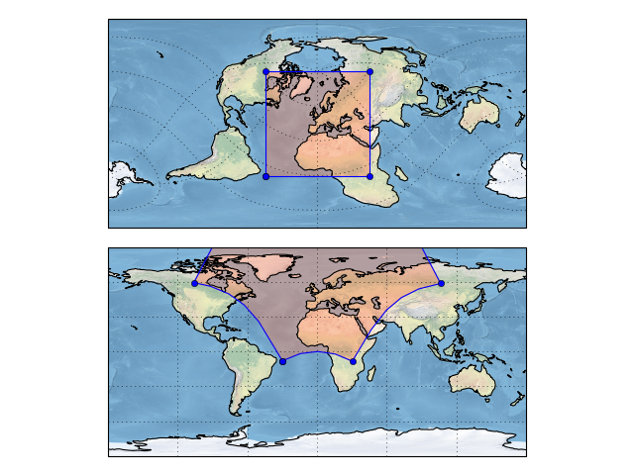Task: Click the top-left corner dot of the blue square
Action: coord(265,71)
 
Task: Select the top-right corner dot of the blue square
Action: coord(370,71)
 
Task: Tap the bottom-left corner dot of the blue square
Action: coord(265,176)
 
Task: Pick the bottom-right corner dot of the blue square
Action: coord(370,176)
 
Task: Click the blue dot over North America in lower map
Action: coord(194,283)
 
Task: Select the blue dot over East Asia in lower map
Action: coord(441,283)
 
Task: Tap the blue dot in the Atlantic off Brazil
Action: coord(282,361)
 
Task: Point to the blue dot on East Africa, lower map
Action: coord(353,361)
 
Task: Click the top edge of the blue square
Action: coord(317,71)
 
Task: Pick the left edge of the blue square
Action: coord(265,124)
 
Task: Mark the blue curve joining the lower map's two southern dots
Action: coord(317,352)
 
